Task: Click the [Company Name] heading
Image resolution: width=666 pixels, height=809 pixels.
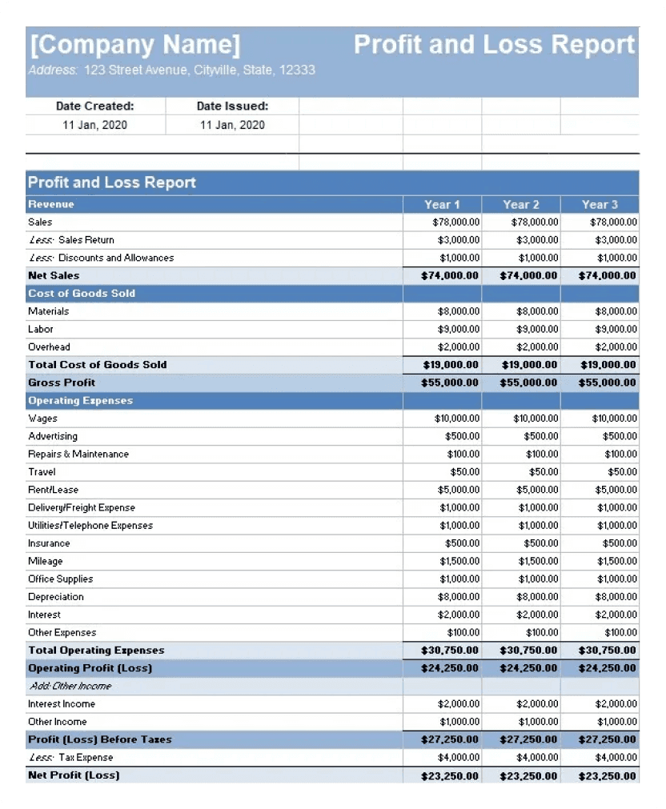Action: click(134, 44)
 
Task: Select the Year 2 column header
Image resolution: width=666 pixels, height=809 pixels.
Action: click(521, 205)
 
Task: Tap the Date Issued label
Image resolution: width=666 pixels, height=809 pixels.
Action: click(232, 106)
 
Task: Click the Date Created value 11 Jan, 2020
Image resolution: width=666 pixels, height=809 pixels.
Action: click(94, 125)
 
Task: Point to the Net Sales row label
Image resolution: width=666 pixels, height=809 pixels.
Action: click(54, 275)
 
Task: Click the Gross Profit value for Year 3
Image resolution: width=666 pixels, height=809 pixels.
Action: click(608, 382)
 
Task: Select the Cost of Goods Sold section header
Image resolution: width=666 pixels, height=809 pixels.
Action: click(82, 294)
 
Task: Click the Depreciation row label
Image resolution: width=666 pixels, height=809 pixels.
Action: click(55, 597)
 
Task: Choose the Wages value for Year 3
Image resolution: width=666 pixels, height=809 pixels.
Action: click(615, 419)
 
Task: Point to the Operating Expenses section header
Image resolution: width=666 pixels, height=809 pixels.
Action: click(80, 401)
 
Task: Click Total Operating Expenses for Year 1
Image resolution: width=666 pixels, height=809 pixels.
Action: click(450, 651)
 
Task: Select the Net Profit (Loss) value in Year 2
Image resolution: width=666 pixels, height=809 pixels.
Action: click(528, 776)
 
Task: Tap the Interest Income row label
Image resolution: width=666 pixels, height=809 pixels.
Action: click(62, 704)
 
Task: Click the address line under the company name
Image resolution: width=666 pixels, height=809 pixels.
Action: click(171, 70)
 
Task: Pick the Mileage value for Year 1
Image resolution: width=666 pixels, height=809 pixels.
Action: click(459, 562)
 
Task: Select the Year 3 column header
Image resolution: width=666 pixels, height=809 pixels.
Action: click(600, 205)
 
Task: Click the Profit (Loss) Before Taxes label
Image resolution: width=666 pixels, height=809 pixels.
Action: click(100, 739)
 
